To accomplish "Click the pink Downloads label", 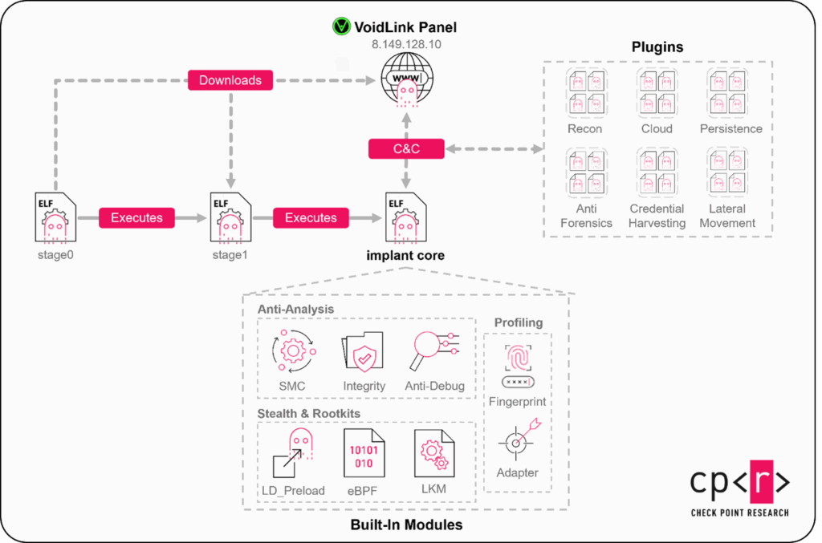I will [230, 80].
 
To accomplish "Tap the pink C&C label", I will [406, 148].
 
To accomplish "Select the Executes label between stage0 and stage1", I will [136, 217].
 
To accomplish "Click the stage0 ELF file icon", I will [55, 217].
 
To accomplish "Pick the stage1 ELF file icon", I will [230, 217].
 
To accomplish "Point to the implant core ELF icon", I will [405, 217].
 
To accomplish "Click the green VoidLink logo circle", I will [341, 26].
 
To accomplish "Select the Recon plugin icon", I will [584, 92].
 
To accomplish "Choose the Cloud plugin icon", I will [657, 92].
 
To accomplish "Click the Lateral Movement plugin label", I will [727, 216].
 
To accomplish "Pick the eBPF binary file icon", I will [364, 453].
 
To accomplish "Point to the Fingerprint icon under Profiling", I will [518, 363].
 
